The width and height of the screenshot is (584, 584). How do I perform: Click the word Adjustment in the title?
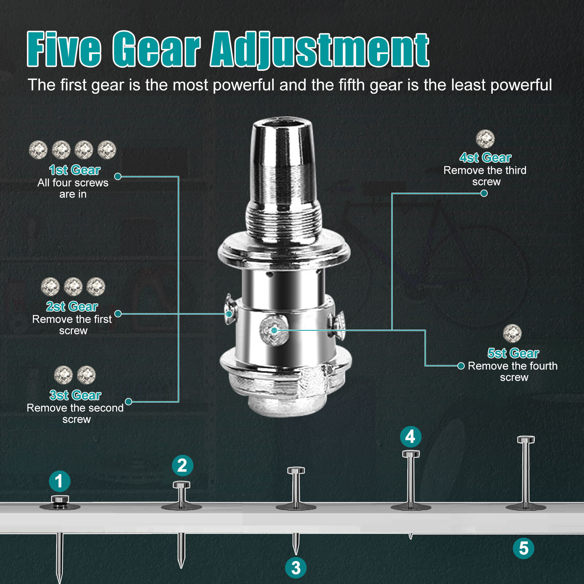pyautogui.click(x=320, y=50)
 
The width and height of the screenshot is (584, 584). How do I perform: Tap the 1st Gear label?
pyautogui.click(x=75, y=170)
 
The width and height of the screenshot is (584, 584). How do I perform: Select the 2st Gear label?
pyautogui.click(x=72, y=306)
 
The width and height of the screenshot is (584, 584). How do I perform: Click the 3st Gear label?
pyautogui.click(x=75, y=395)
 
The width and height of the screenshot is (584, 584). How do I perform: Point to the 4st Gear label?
pyautogui.click(x=485, y=157)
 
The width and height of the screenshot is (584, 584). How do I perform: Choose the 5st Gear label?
pyautogui.click(x=513, y=353)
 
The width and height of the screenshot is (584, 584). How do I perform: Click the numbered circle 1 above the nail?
pyautogui.click(x=59, y=481)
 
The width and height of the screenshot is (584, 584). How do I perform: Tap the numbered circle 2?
pyautogui.click(x=182, y=465)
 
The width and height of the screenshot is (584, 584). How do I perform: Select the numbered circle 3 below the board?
pyautogui.click(x=296, y=568)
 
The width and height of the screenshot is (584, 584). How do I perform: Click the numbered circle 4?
pyautogui.click(x=411, y=437)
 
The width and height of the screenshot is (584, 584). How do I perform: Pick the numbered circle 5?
pyautogui.click(x=523, y=548)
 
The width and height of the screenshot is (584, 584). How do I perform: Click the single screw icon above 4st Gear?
pyautogui.click(x=485, y=139)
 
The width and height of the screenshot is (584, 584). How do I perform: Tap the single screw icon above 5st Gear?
pyautogui.click(x=512, y=333)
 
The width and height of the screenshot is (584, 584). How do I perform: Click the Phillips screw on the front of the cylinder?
pyautogui.click(x=274, y=331)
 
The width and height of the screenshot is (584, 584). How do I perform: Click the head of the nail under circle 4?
pyautogui.click(x=411, y=454)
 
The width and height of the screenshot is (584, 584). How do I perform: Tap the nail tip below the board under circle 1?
pyautogui.click(x=59, y=580)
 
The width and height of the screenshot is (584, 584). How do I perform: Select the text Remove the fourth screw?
pyautogui.click(x=513, y=372)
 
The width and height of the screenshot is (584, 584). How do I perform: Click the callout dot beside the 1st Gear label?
pyautogui.click(x=118, y=176)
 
